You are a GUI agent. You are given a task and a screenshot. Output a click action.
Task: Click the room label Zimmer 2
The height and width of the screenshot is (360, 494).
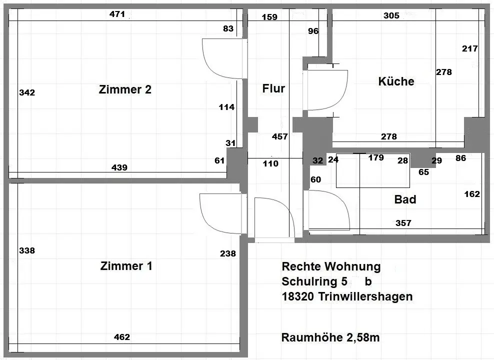coord(125,90)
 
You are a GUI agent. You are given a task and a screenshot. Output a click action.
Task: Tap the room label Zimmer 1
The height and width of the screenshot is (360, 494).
coord(126,266)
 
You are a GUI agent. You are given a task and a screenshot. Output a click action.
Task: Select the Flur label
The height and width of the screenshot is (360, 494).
coord(273,89)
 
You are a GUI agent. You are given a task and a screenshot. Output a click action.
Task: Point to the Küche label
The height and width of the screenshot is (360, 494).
coord(396,81)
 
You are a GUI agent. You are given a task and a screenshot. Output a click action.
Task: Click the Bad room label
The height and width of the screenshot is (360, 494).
coord(405,200)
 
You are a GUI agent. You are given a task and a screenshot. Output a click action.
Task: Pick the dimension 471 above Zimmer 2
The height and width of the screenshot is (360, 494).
coord(117,14)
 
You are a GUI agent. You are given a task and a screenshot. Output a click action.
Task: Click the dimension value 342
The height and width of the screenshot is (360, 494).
coord(26,92)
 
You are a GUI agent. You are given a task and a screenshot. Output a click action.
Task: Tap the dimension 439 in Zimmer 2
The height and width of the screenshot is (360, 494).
coord(119,167)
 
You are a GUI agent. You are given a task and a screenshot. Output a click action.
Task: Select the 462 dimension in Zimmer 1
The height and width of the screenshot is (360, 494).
coord(121,337)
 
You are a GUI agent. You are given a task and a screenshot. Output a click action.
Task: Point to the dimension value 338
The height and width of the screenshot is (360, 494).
coord(26,250)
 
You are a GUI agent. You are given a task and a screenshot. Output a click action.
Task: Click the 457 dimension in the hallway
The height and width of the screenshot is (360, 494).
coord(280,136)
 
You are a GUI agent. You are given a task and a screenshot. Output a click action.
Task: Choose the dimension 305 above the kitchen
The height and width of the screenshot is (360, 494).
coord(391,15)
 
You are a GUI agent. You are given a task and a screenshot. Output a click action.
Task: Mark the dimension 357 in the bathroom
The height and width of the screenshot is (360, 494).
coord(403,223)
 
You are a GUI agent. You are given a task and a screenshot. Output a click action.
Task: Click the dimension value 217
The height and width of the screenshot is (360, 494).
coord(470,49)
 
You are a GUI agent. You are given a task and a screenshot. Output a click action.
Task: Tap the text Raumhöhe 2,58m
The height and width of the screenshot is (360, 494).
coord(330,337)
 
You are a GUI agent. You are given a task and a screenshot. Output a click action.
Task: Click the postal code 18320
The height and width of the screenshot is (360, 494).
coord(297,296)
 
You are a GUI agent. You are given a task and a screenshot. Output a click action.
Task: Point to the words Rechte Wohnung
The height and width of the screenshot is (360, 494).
coord(331,266)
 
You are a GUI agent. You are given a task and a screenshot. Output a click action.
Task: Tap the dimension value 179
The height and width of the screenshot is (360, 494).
coord(375,158)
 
